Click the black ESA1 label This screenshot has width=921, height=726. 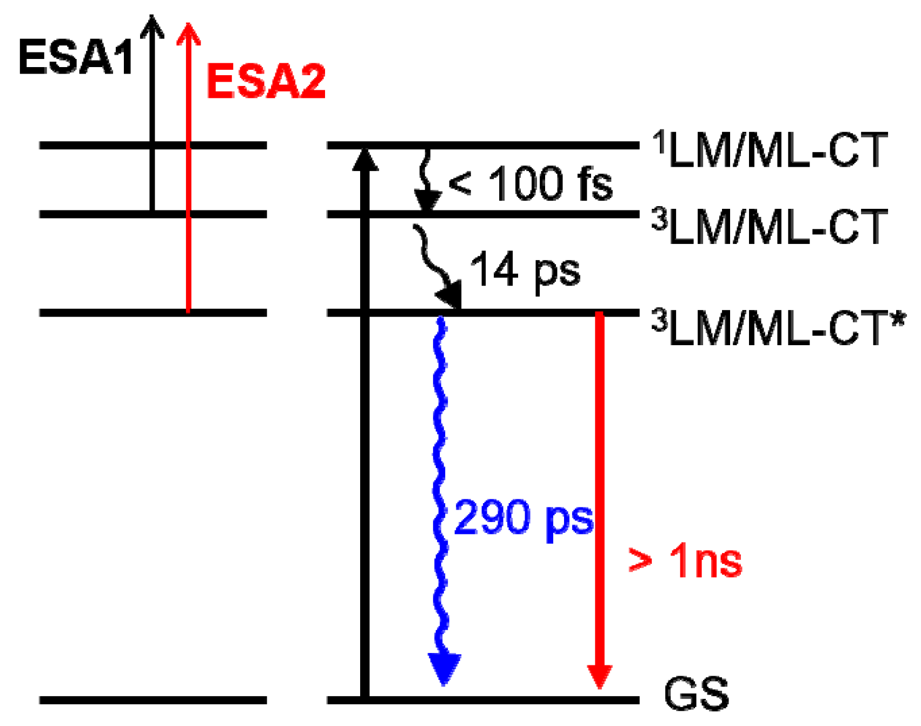[76, 57]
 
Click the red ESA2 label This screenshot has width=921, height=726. [266, 81]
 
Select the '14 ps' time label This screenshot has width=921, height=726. [525, 270]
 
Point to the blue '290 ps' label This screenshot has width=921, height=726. [524, 518]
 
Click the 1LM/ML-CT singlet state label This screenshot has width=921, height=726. [770, 150]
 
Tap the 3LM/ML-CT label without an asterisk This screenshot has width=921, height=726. [770, 227]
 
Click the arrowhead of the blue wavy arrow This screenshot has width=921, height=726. [444, 668]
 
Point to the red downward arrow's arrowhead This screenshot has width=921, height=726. [599, 676]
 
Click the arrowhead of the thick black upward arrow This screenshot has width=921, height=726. [365, 160]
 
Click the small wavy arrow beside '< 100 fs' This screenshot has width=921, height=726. [426, 181]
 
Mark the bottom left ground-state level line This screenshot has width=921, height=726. [153, 700]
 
